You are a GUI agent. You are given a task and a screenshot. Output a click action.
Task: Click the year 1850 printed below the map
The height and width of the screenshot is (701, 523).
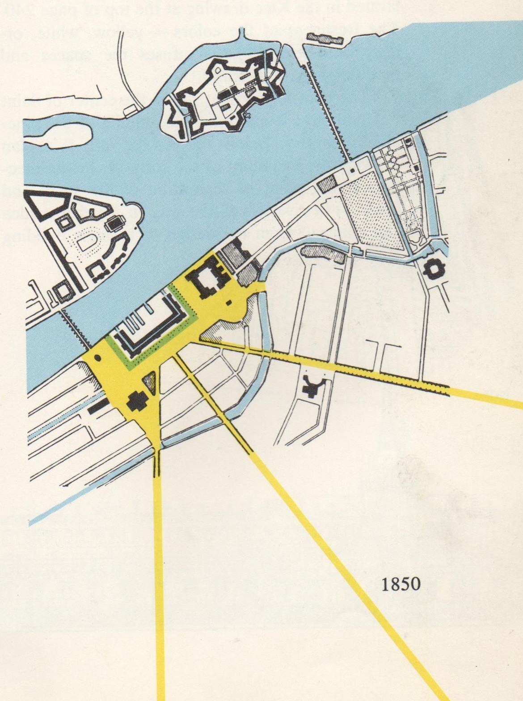[401, 584]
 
